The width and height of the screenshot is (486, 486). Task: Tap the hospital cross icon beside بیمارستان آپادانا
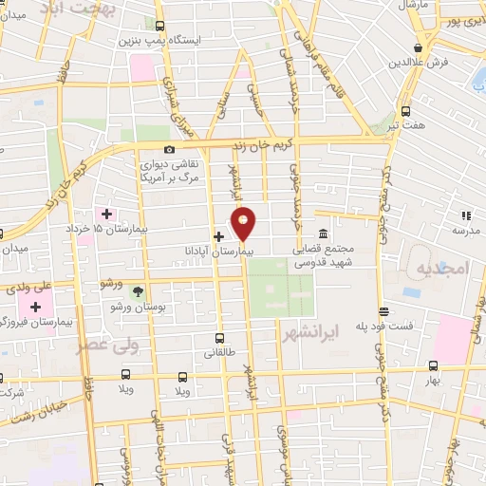coord(218,235)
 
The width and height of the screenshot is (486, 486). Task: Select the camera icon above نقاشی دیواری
coord(169,149)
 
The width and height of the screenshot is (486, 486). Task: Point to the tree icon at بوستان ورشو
coord(138,291)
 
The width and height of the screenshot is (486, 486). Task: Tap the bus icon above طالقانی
coord(220,338)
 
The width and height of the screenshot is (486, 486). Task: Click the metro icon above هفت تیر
coord(406,109)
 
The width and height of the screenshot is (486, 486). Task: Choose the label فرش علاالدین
coord(417,63)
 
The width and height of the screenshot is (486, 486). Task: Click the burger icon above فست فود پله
coord(383,310)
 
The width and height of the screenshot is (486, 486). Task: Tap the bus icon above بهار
coord(433,365)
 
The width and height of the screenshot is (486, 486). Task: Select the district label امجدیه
coord(442,269)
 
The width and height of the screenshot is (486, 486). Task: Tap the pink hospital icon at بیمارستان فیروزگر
coord(36,308)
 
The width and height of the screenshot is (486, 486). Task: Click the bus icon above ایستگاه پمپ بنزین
coord(159,27)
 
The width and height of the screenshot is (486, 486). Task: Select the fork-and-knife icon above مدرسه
coord(465,215)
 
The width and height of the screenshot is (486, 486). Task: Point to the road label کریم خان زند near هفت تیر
coord(323,139)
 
